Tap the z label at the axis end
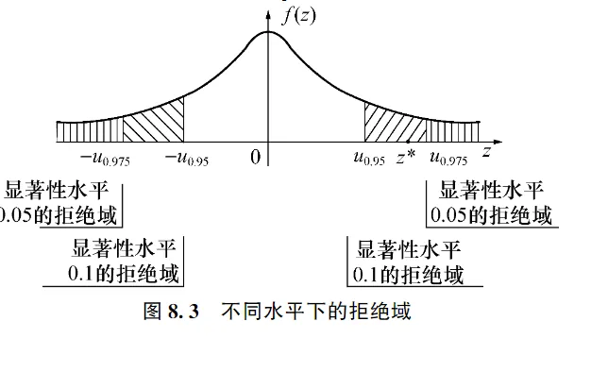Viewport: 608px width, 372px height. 485,152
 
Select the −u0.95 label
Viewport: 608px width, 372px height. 186,159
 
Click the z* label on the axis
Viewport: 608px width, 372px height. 406,157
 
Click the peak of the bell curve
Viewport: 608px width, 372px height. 268,32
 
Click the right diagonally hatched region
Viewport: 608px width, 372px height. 395,124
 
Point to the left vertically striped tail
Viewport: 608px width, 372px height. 90,131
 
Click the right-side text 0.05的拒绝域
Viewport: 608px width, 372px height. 491,214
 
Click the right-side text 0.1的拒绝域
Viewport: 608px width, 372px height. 409,275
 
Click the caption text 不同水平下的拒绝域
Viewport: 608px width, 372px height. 316,312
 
